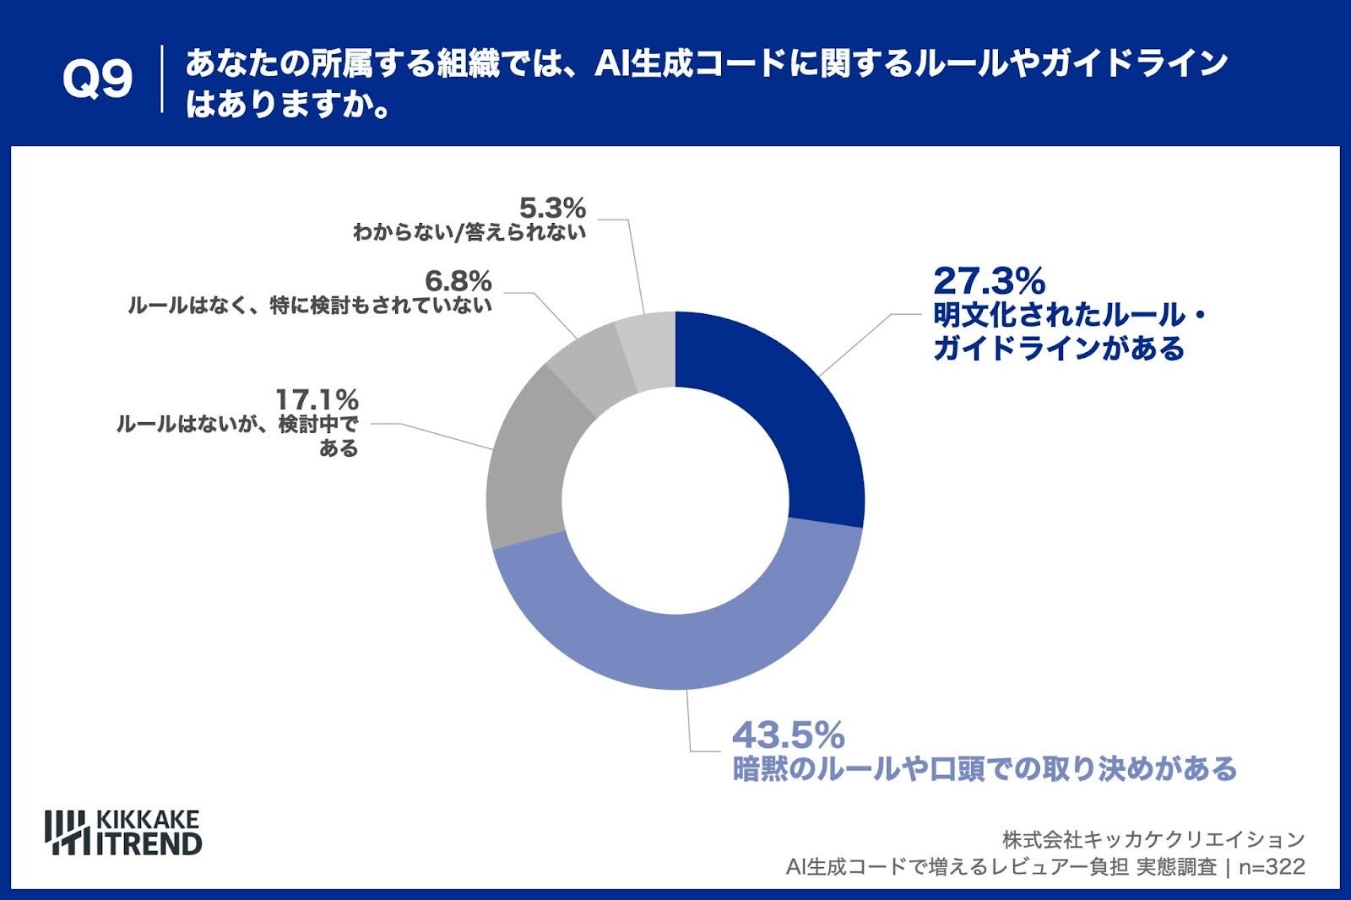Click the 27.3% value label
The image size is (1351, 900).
(989, 281)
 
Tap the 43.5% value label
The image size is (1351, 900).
(788, 735)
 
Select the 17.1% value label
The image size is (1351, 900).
(317, 399)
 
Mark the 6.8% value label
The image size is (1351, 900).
(458, 280)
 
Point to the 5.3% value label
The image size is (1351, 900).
(552, 208)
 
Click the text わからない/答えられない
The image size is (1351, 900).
(469, 232)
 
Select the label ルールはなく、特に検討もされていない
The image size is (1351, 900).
(310, 305)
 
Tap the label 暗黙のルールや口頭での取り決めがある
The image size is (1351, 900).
(985, 769)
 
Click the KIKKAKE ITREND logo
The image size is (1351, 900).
(123, 832)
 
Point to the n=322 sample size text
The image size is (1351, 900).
(1272, 866)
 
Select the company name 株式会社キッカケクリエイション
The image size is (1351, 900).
(1153, 839)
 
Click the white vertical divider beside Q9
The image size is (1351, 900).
(161, 79)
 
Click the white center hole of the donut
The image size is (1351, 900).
(675, 501)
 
